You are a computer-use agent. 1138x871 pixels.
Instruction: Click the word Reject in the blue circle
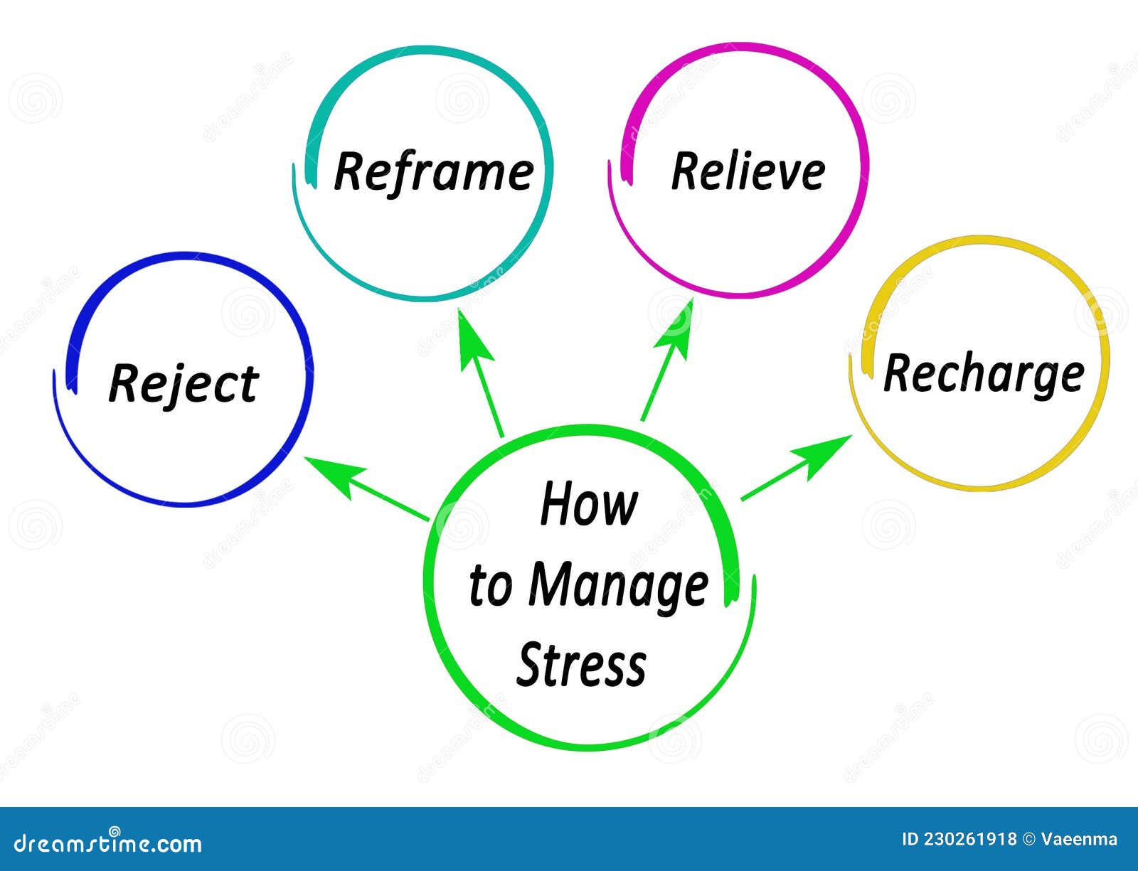183,384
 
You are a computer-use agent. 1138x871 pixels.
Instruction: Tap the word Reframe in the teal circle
433,171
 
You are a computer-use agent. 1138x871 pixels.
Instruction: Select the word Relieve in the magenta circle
748,171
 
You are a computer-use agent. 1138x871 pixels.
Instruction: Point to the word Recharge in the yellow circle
983,373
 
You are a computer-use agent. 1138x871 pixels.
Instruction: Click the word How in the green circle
588,504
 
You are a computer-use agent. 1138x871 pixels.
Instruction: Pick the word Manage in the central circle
618,587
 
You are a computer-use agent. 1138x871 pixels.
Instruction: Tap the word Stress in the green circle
581,665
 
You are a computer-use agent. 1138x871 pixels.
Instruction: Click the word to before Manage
490,587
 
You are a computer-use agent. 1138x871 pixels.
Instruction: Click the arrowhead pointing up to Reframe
473,337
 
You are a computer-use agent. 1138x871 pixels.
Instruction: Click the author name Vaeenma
1079,840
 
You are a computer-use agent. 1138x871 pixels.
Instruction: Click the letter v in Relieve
787,174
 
